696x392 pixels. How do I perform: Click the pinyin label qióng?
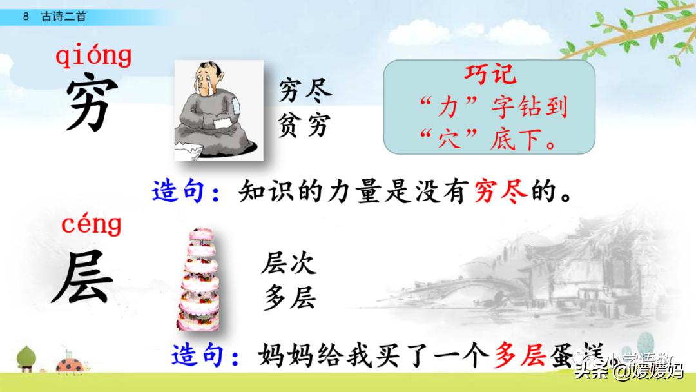pyautogui.click(x=93, y=56)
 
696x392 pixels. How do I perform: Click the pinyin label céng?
pyautogui.click(x=92, y=225)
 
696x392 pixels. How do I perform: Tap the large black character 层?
pyautogui.click(x=82, y=278)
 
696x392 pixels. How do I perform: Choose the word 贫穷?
pyautogui.click(x=305, y=125)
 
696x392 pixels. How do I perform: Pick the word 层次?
pyautogui.click(x=288, y=264)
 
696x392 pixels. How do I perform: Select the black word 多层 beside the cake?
pyautogui.click(x=288, y=298)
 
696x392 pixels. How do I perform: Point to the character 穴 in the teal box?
pyautogui.click(x=445, y=138)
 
